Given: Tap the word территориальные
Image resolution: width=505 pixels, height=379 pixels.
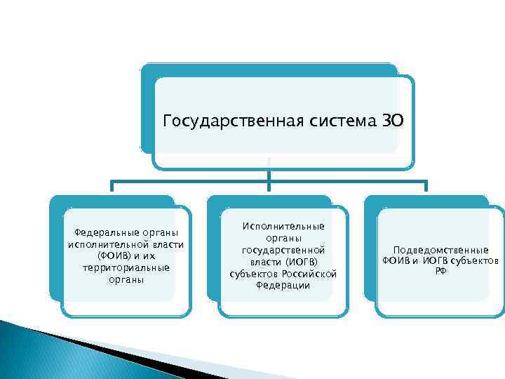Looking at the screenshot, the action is (126, 268).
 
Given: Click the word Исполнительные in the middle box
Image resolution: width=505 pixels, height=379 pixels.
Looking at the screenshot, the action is (283, 226).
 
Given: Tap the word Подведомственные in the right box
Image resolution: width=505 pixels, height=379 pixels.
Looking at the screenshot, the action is (440, 250).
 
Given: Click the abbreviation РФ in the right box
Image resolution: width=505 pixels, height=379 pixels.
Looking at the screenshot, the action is (440, 272).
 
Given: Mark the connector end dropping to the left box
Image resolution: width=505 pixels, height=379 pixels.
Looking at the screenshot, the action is (112, 187).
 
